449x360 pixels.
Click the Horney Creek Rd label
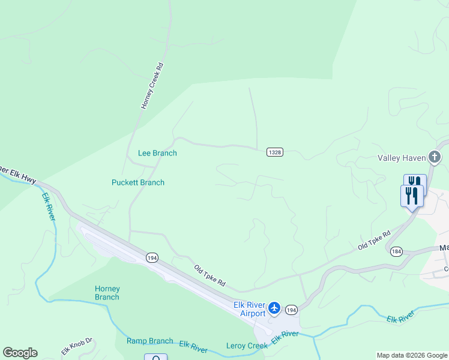(152, 85)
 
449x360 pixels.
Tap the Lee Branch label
(157, 153)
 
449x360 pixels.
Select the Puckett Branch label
(138, 182)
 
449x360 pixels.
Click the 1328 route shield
(274, 152)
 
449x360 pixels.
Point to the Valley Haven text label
(401, 158)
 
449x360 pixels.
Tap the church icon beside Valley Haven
(435, 158)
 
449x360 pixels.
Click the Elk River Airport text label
(249, 310)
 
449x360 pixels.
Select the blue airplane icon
(274, 308)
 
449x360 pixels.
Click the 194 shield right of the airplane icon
(292, 310)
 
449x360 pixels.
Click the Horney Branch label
(107, 293)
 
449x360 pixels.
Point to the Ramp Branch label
(149, 341)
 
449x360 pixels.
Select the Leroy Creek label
(247, 346)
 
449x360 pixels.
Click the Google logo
(20, 353)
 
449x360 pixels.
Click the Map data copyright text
(412, 355)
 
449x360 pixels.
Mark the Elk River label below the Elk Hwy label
(49, 206)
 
